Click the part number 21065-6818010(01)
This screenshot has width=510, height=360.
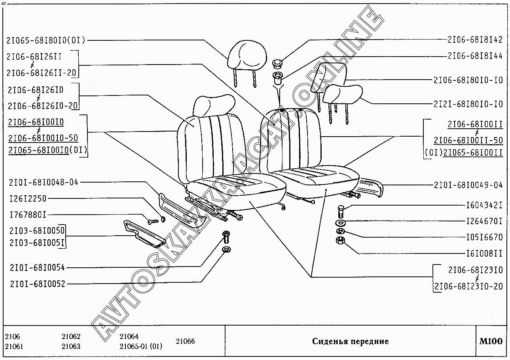(46, 40)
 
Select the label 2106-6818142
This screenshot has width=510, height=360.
(475, 40)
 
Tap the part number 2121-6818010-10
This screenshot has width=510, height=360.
(468, 104)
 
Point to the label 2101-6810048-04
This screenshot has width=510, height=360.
(44, 182)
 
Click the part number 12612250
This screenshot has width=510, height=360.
(28, 198)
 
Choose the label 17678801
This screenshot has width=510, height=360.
(28, 215)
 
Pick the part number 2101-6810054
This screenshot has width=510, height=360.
(38, 267)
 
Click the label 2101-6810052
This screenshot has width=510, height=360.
(38, 284)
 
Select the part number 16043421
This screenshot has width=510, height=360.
(484, 205)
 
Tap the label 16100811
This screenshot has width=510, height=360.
(484, 253)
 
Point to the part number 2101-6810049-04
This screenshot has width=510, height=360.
(468, 185)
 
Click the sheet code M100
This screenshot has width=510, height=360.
(491, 341)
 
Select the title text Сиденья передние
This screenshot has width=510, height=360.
(350, 341)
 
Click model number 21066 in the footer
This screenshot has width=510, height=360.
(185, 341)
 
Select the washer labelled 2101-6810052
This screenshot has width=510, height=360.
(227, 249)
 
